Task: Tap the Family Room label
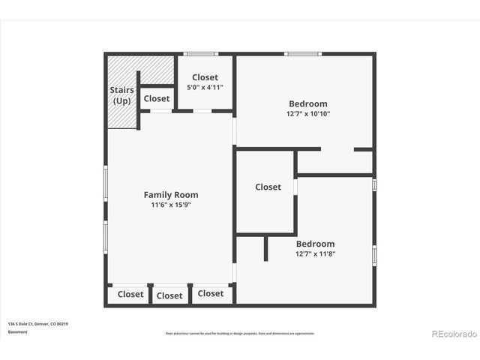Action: tap(171, 195)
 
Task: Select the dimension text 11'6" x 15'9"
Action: tap(171, 205)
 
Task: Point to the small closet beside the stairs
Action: tap(157, 98)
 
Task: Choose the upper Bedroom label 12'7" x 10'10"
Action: tap(307, 104)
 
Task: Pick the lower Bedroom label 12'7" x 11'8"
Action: tap(315, 244)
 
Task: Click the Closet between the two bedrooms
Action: tap(268, 187)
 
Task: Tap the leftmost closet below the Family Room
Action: tap(130, 295)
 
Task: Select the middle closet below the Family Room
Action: tap(169, 295)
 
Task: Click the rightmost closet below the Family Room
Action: tap(211, 294)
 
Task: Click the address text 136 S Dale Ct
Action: tap(38, 324)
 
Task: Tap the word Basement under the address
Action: tap(19, 331)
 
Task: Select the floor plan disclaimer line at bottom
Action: tap(239, 333)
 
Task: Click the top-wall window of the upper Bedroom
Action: tap(302, 54)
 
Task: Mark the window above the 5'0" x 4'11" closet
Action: tap(201, 54)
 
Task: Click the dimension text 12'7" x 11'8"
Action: tap(315, 253)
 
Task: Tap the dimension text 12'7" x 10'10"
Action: tap(307, 114)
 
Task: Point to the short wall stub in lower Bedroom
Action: tap(265, 248)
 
